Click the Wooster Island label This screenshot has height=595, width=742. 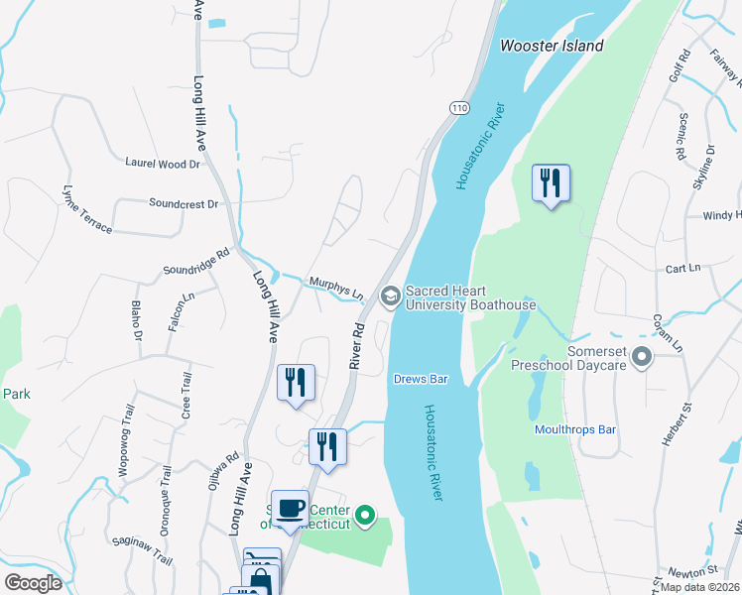(x=552, y=46)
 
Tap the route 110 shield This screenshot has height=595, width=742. (x=458, y=107)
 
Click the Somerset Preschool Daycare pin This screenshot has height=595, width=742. (x=641, y=356)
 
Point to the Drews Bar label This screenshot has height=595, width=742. (x=422, y=379)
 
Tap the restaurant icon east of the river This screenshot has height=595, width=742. (x=550, y=183)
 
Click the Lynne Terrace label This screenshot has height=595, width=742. (x=87, y=209)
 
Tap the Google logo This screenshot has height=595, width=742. (x=34, y=583)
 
